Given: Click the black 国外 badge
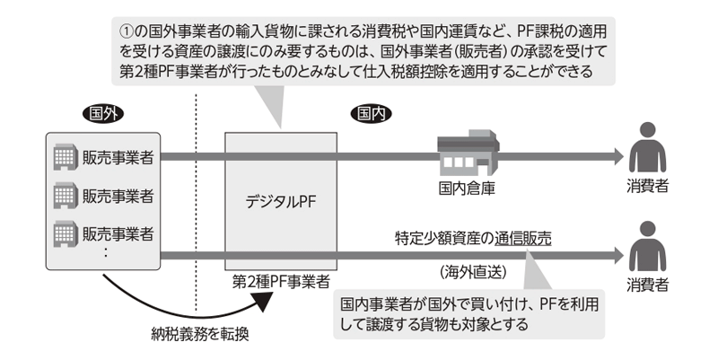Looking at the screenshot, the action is pyautogui.click(x=103, y=114).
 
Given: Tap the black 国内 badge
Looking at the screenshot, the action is pyautogui.click(x=372, y=114).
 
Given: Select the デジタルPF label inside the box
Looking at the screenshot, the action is pyautogui.click(x=281, y=202).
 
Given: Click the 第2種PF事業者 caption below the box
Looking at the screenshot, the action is pyautogui.click(x=281, y=282).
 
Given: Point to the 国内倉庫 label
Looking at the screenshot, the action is pyautogui.click(x=467, y=189).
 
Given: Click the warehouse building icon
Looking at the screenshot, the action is pyautogui.click(x=468, y=153).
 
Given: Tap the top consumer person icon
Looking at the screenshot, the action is pyautogui.click(x=647, y=147).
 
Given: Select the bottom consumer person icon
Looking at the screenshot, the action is pyautogui.click(x=647, y=246).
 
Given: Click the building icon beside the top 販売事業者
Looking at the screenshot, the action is pyautogui.click(x=65, y=157).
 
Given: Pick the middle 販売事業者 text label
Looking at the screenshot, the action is pyautogui.click(x=118, y=196).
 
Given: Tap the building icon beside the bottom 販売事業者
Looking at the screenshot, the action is pyautogui.click(x=65, y=234).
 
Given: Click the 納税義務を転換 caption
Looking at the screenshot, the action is pyautogui.click(x=200, y=334).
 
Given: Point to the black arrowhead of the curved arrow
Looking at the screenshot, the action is pyautogui.click(x=263, y=301).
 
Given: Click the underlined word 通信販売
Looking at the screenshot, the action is pyautogui.click(x=523, y=239).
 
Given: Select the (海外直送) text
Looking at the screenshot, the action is pyautogui.click(x=474, y=273).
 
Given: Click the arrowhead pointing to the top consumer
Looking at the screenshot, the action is pyautogui.click(x=618, y=157).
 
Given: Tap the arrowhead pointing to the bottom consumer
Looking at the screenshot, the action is pyautogui.click(x=618, y=256).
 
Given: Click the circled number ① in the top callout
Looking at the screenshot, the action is pyautogui.click(x=127, y=31).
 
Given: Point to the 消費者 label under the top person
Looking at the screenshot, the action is pyautogui.click(x=647, y=186).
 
